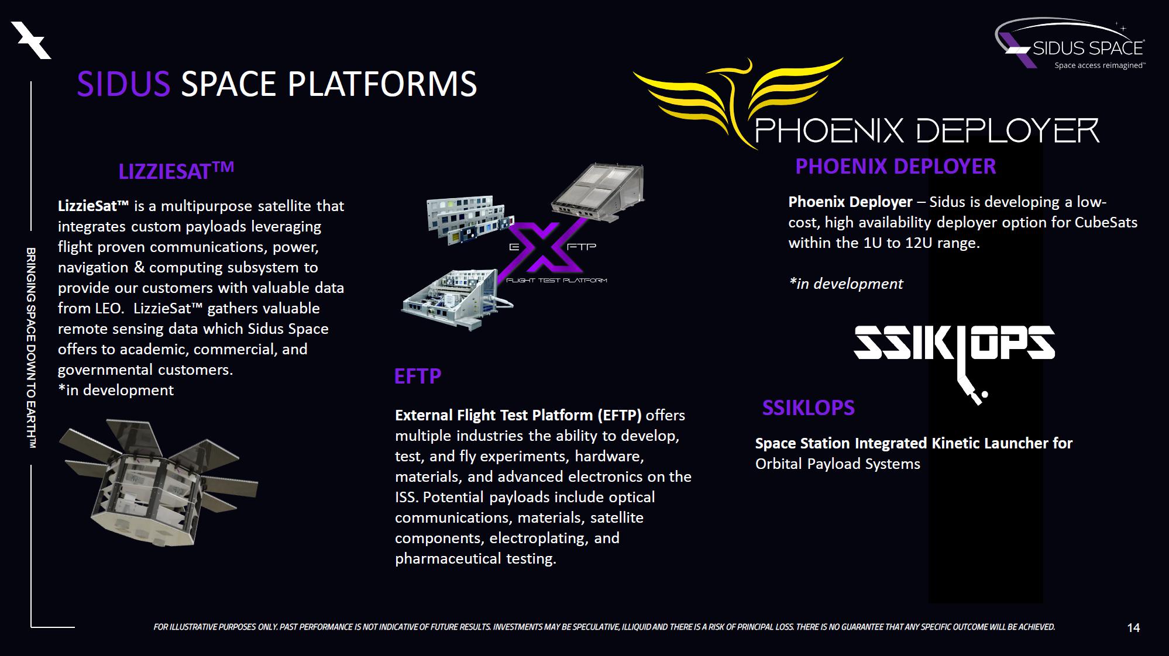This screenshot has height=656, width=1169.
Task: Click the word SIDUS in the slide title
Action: (123, 84)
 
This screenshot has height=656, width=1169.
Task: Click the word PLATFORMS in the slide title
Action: (382, 84)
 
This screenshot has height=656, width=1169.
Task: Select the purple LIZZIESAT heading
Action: (176, 171)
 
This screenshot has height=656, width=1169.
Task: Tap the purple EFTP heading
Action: (417, 376)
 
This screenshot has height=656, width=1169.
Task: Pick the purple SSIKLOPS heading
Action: (808, 408)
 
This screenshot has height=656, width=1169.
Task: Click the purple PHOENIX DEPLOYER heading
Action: (895, 167)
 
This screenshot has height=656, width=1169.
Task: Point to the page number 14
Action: (1133, 627)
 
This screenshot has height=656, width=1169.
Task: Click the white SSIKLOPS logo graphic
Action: (954, 351)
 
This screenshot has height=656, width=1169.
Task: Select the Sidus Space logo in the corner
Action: (1071, 44)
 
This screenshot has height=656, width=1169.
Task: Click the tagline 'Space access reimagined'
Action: (1099, 65)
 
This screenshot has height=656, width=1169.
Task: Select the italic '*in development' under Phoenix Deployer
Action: (846, 284)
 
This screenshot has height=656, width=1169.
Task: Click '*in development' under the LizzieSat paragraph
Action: (116, 390)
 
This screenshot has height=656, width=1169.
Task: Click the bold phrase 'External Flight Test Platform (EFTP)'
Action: (518, 415)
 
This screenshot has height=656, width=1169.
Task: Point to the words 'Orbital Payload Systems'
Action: (837, 464)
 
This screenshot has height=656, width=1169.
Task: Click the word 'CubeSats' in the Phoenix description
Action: (1106, 222)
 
